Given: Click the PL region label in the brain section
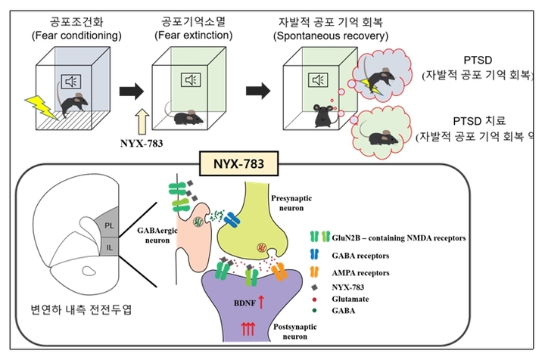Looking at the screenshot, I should pos(108,225).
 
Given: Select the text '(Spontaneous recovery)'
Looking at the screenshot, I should pos(332,35).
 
